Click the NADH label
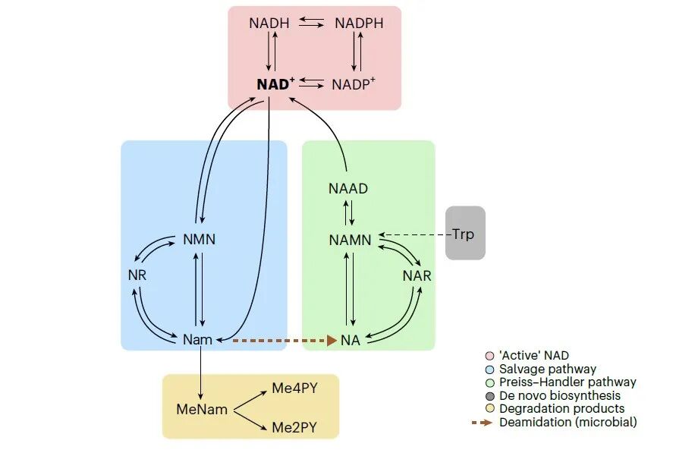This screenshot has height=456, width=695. tap(269, 24)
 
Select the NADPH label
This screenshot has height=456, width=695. tap(359, 24)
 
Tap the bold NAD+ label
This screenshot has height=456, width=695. tap(275, 84)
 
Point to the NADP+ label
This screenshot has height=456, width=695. tap(354, 84)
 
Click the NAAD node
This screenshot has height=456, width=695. tap(348, 188)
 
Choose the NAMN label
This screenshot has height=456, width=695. tap(350, 240)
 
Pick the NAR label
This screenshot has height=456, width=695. tap(417, 275)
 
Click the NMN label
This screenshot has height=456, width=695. tap(200, 240)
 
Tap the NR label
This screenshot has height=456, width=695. tap(137, 275)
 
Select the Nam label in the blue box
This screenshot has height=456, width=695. tap(197, 340)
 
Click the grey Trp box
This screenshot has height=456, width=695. tap(464, 234)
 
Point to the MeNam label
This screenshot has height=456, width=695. tap(202, 410)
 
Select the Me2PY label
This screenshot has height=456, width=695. tap(294, 428)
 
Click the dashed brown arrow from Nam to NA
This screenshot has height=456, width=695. tap(281, 341)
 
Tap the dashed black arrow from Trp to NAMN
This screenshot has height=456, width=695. tap(414, 234)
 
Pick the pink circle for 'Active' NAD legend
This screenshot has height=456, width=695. tap(489, 356)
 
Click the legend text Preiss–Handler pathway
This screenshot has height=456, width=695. tap(568, 382)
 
